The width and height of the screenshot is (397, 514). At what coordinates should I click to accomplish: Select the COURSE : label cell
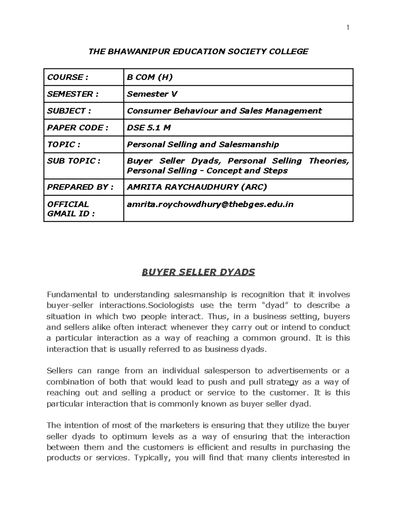pos(67,77)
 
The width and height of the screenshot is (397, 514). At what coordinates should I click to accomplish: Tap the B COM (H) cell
pos(150,77)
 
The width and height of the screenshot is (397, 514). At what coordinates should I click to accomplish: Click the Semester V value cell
pos(152,94)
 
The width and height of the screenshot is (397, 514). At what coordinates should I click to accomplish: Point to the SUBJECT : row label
pos(69,111)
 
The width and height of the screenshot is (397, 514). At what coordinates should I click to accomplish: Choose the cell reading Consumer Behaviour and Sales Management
pos(224,111)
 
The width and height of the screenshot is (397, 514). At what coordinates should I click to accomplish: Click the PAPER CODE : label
pos(77,128)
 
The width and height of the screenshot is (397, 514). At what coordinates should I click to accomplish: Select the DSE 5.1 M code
pos(149,128)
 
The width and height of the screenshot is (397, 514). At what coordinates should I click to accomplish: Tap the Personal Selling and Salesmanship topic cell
pos(203,144)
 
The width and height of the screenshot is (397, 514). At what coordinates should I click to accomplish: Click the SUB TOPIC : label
pos(73,161)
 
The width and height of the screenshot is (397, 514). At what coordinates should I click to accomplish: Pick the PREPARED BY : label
pos(80,187)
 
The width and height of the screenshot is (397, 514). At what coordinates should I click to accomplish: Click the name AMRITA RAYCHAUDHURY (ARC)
pos(197,187)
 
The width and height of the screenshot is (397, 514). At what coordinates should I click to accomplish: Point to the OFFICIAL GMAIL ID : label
pos(70,209)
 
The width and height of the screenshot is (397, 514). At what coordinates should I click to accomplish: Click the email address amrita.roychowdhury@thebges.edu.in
pos(210,205)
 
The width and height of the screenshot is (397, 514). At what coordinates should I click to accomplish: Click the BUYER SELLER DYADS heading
pos(198,272)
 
